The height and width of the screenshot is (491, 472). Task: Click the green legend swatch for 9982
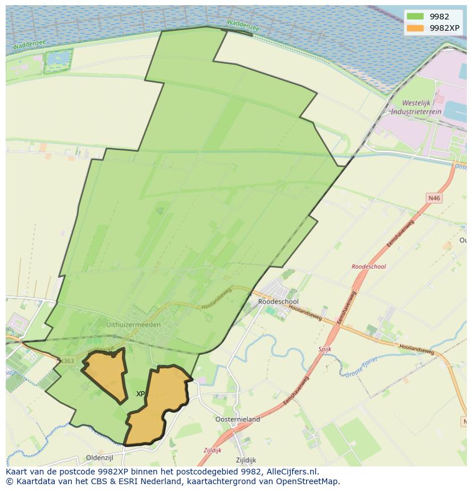[416, 16]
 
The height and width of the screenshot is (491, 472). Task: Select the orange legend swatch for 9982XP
[416, 27]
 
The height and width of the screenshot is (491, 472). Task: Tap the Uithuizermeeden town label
[133, 324]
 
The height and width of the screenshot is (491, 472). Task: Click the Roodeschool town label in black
[278, 302]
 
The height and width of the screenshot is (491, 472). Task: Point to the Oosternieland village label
[238, 419]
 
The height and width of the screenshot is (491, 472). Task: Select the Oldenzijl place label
[100, 457]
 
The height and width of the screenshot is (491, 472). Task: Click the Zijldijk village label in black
[246, 460]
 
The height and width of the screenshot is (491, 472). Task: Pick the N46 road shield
[434, 198]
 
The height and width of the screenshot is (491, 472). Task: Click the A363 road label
[67, 361]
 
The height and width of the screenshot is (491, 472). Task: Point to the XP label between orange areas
[140, 394]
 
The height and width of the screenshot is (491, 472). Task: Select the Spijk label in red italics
[324, 348]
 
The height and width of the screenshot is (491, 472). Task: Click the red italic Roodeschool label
[368, 266]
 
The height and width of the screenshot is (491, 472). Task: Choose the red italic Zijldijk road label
[213, 450]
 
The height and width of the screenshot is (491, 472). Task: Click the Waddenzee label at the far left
[25, 45]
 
